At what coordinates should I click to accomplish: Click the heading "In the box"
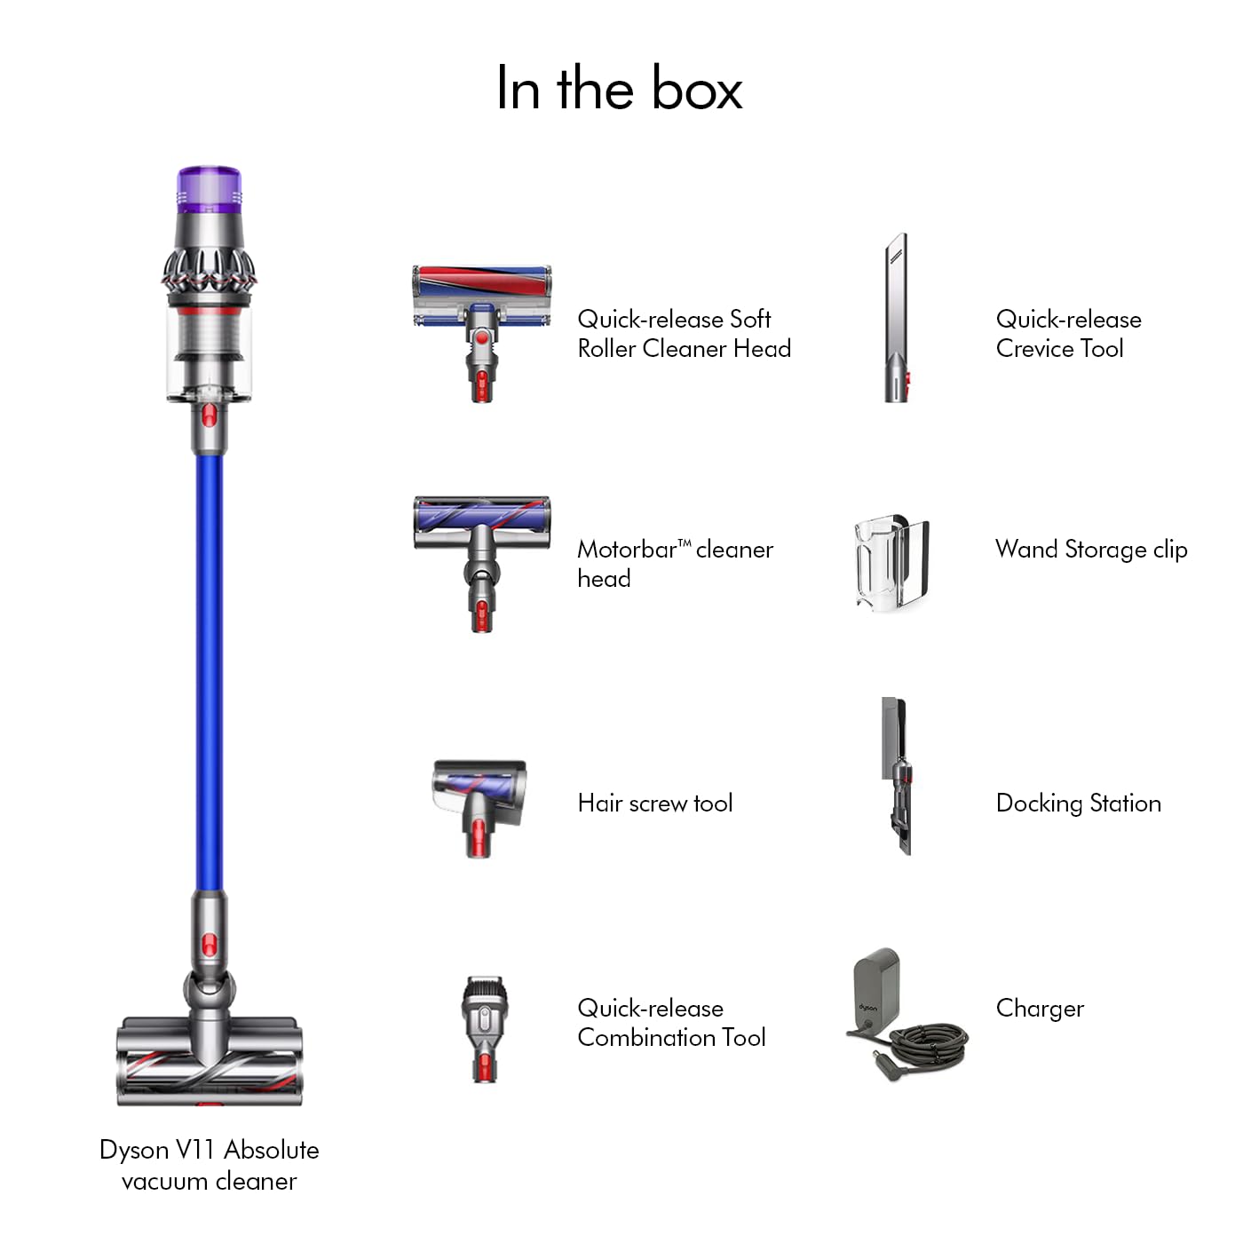[x=619, y=89]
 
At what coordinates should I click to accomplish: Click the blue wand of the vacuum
[x=210, y=666]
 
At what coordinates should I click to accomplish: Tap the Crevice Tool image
[x=897, y=320]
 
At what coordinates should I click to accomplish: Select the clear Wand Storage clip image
[x=891, y=562]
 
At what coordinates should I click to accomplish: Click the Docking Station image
[x=897, y=777]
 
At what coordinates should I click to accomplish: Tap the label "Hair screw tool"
[x=655, y=804]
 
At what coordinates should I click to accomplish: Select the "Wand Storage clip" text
[x=1091, y=550]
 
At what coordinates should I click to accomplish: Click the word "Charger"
[x=1040, y=1009]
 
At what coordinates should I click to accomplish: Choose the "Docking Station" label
[x=1078, y=804]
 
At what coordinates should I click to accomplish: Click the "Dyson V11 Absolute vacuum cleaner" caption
[x=210, y=1165]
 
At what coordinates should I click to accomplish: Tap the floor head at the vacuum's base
[x=210, y=1061]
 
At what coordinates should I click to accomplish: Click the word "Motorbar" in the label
[x=627, y=550]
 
